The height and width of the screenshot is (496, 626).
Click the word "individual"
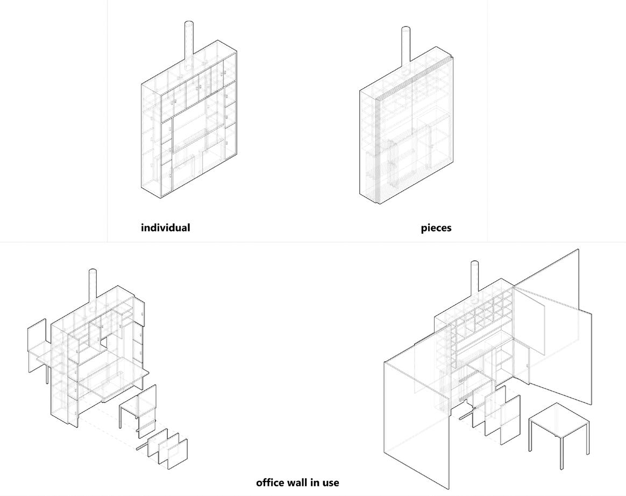click(x=165, y=228)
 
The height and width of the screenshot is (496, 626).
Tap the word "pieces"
click(x=436, y=228)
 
